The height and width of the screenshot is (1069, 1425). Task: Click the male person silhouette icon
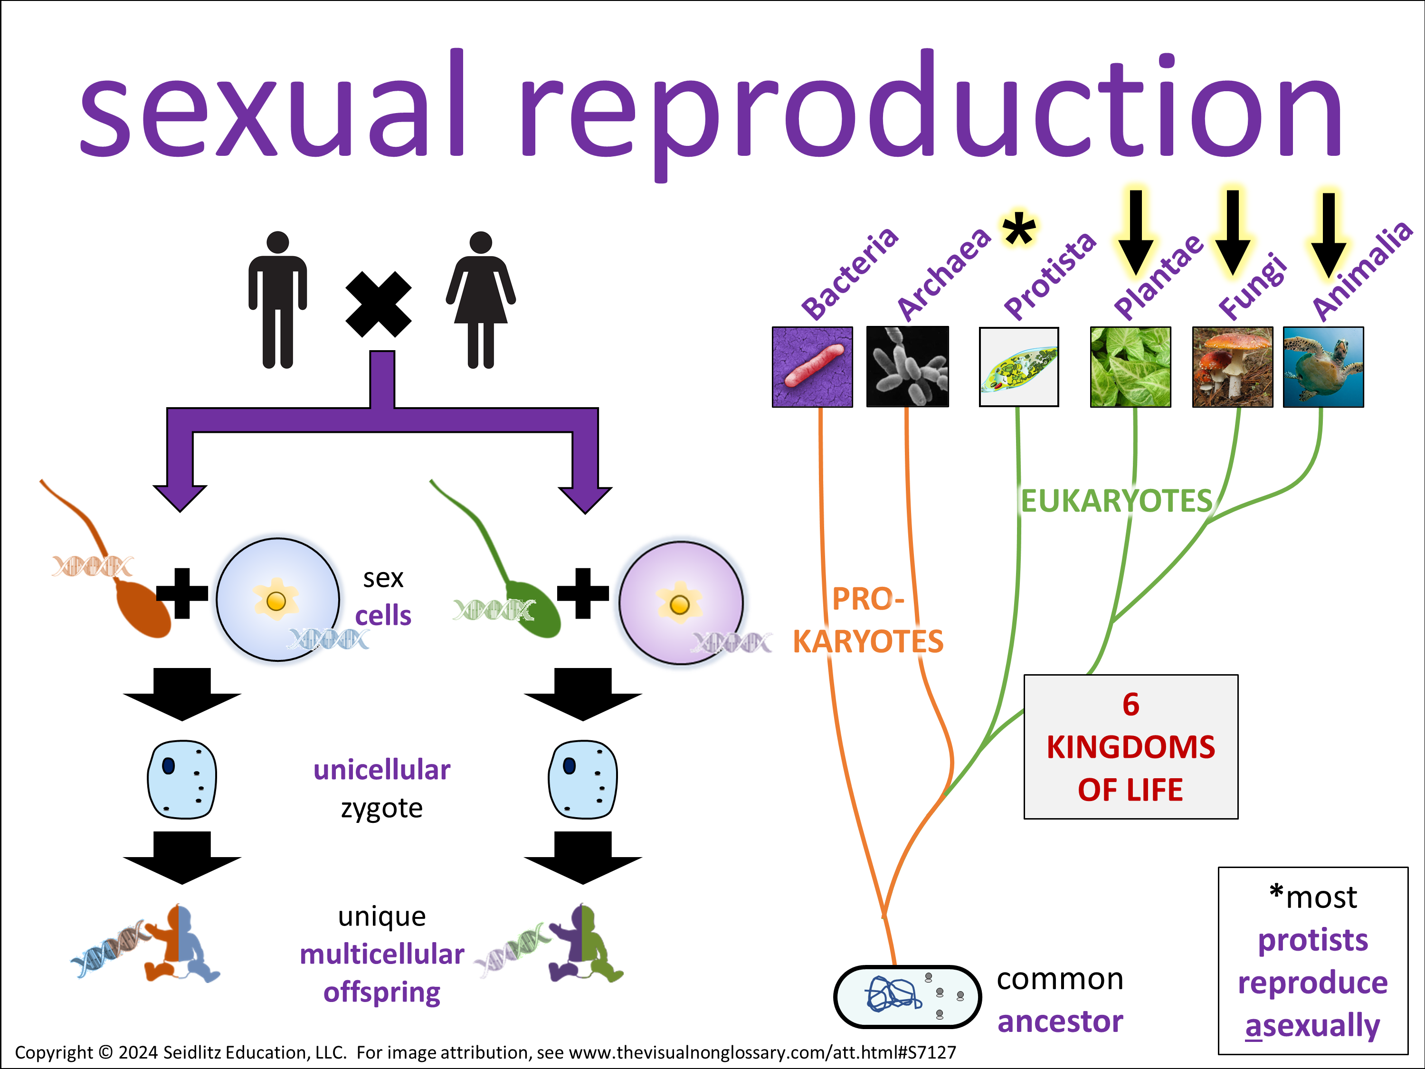point(278,300)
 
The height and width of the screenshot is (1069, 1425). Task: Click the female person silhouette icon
point(481,300)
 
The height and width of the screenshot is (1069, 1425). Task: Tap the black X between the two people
point(378,304)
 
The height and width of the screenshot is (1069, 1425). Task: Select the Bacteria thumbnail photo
point(812,367)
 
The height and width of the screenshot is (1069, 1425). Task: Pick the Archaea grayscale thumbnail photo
point(907,367)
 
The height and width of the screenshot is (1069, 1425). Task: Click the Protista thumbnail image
point(1018,367)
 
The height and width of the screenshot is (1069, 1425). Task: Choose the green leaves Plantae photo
point(1130,367)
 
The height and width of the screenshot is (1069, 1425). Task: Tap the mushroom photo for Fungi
point(1232,367)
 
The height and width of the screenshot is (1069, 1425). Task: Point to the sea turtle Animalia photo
point(1323,367)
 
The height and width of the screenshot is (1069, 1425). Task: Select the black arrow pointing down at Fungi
point(1232,232)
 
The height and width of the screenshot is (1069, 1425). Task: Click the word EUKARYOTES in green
point(1116,501)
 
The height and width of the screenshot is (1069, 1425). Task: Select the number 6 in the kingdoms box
point(1130,704)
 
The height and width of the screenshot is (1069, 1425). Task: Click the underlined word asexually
point(1312,1025)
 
